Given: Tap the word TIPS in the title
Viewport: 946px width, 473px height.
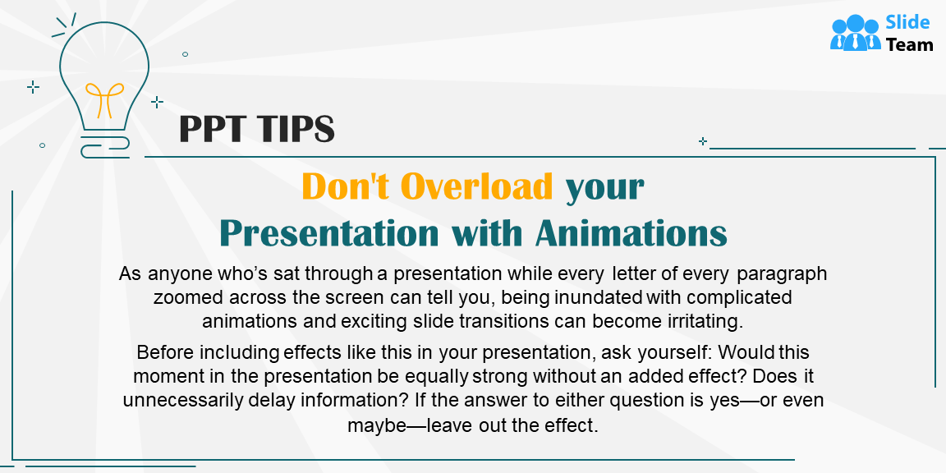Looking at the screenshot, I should click(295, 129).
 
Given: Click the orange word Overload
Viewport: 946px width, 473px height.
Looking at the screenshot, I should click(477, 187).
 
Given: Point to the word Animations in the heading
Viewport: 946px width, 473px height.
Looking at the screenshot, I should click(631, 233).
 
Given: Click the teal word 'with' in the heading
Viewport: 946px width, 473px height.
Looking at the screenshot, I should click(486, 233).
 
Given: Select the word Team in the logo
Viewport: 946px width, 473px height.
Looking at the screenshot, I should click(909, 45).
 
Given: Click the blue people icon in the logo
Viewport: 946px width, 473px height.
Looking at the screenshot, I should click(855, 34).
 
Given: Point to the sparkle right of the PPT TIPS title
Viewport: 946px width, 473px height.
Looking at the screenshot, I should click(702, 141).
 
